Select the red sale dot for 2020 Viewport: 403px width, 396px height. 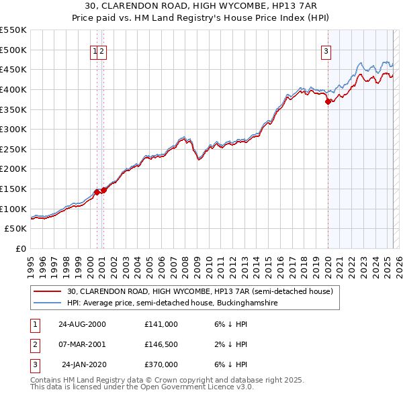pyautogui.click(x=328, y=101)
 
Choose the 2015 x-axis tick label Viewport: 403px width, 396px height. pyautogui.click(x=267, y=266)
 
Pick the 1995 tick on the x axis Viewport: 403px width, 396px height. pyautogui.click(x=31, y=266)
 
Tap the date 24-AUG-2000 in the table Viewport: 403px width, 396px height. pyautogui.click(x=82, y=324)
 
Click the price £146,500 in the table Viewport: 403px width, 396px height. pyautogui.click(x=161, y=344)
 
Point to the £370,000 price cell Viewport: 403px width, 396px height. pyautogui.click(x=161, y=364)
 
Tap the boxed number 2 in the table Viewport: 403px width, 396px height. pyautogui.click(x=34, y=344)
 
